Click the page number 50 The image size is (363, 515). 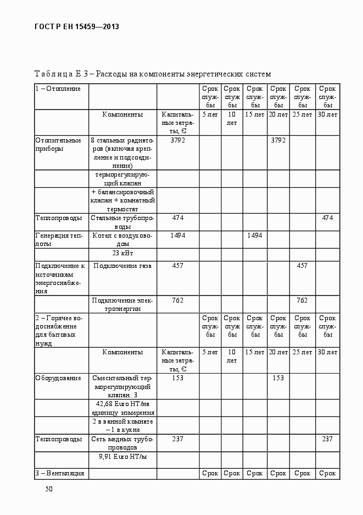pos(49,489)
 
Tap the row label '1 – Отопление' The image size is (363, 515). pos(58,89)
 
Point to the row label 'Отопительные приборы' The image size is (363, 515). pos(58,144)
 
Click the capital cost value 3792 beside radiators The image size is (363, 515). pos(177,140)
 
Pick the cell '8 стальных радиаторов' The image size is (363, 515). pos(122,153)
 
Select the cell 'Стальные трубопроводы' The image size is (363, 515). pos(122,222)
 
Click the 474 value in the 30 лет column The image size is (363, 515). pos(327,218)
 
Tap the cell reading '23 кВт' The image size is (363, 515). pos(122,253)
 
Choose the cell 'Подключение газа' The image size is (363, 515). pos(122,266)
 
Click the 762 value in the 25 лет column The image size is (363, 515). pos(301,300)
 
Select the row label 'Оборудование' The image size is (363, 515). pos(58,378)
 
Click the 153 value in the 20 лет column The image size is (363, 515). pos(278,378)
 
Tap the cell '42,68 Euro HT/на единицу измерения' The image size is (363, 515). pos(122,408)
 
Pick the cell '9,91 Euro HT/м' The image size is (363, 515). pos(122,457)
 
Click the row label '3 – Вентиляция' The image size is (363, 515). pos(60,473)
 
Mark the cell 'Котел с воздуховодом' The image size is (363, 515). pos(122,239)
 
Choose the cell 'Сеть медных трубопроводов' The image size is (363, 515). pos(122,443)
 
